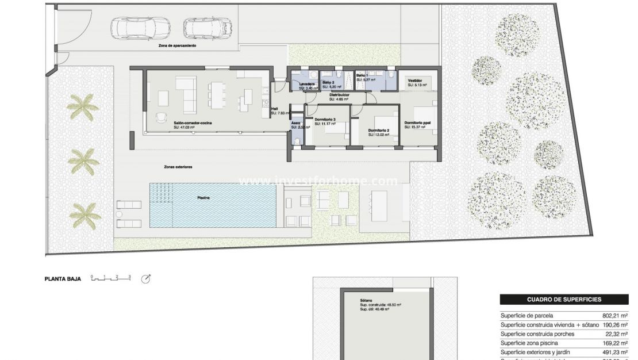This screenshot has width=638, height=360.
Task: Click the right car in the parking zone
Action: click(x=207, y=27)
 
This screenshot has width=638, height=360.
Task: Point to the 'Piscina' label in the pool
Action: click(x=203, y=198)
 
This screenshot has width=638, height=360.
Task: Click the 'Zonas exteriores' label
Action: click(x=178, y=167)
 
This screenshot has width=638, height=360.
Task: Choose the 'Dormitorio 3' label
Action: click(x=325, y=120)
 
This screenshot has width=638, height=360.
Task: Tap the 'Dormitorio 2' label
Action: click(x=379, y=131)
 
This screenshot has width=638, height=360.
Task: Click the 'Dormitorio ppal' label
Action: click(x=417, y=123)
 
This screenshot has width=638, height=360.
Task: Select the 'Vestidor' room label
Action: click(x=415, y=81)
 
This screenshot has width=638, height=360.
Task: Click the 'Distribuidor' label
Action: click(x=340, y=95)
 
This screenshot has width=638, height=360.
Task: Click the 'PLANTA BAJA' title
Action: click(x=63, y=279)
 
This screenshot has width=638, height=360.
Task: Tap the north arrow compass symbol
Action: click(x=146, y=279)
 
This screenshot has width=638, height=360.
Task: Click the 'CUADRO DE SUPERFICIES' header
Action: click(x=564, y=300)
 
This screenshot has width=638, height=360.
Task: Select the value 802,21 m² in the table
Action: click(x=614, y=316)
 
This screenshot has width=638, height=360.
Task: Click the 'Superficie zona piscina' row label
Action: click(x=529, y=343)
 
